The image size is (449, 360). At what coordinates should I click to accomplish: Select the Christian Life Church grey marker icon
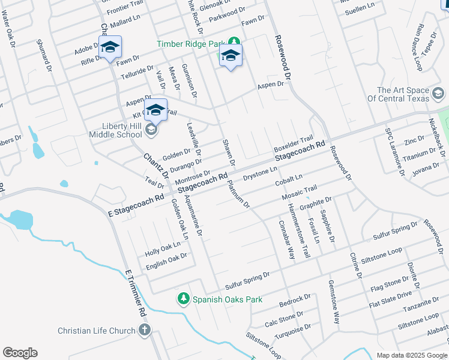tap(144, 330)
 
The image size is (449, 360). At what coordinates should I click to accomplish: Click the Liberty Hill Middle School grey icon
tap(152, 129)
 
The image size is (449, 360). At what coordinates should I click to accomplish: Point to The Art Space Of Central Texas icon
tap(438, 94)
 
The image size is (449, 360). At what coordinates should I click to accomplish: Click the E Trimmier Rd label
tap(136, 293)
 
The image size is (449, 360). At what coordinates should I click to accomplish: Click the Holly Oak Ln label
tap(162, 246)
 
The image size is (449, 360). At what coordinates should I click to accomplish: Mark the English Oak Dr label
tap(166, 259)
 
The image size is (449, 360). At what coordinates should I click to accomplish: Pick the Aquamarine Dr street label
tap(194, 214)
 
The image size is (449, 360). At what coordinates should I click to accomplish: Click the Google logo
tap(20, 353)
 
